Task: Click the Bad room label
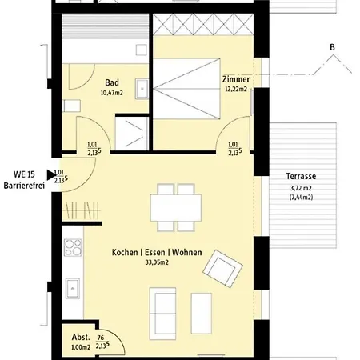coord(112,82)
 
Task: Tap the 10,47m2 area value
coord(112,93)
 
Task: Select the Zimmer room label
coord(236,79)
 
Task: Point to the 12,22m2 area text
coord(236,89)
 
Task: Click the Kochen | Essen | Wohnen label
coord(157,252)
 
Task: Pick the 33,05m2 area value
coord(157,262)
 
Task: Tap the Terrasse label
coord(301,176)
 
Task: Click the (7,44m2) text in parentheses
coord(301,198)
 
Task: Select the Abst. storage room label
coord(81,337)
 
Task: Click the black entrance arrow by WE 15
coord(50,175)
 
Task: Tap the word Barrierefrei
coord(24,186)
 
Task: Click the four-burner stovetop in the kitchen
coord(73,247)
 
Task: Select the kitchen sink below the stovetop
coord(73,288)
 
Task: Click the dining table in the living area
coord(176,208)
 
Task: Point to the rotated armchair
coord(222,269)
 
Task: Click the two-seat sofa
coord(162,314)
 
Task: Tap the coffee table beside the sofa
coord(202,314)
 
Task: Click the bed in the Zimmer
coord(186,89)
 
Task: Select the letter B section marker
coord(332,47)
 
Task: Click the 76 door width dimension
coord(101,338)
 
